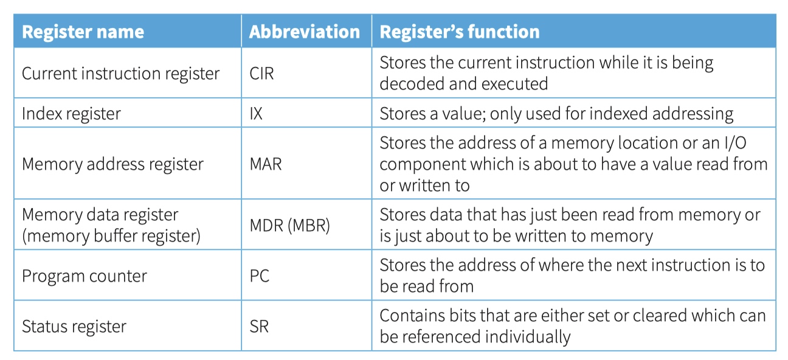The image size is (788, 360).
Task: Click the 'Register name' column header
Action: coord(83,32)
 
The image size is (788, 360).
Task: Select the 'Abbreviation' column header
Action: coord(305,32)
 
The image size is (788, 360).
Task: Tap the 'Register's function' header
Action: coord(460,32)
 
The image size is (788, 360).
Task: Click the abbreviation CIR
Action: coord(261,74)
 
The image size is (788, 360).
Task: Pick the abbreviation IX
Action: coord(256,114)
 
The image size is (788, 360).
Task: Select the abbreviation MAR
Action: coord(266,164)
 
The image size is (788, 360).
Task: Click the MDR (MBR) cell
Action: coord(289,226)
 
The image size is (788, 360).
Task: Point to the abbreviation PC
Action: coord(259,276)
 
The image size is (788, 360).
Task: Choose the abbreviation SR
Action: coord(259,327)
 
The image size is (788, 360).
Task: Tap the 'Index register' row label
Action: coord(71,114)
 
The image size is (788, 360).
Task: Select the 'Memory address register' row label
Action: coord(112,164)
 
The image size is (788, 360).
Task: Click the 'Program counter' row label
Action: coord(85,276)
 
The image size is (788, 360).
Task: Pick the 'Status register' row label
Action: coord(74,327)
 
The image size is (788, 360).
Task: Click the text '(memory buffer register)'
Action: coord(111,236)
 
